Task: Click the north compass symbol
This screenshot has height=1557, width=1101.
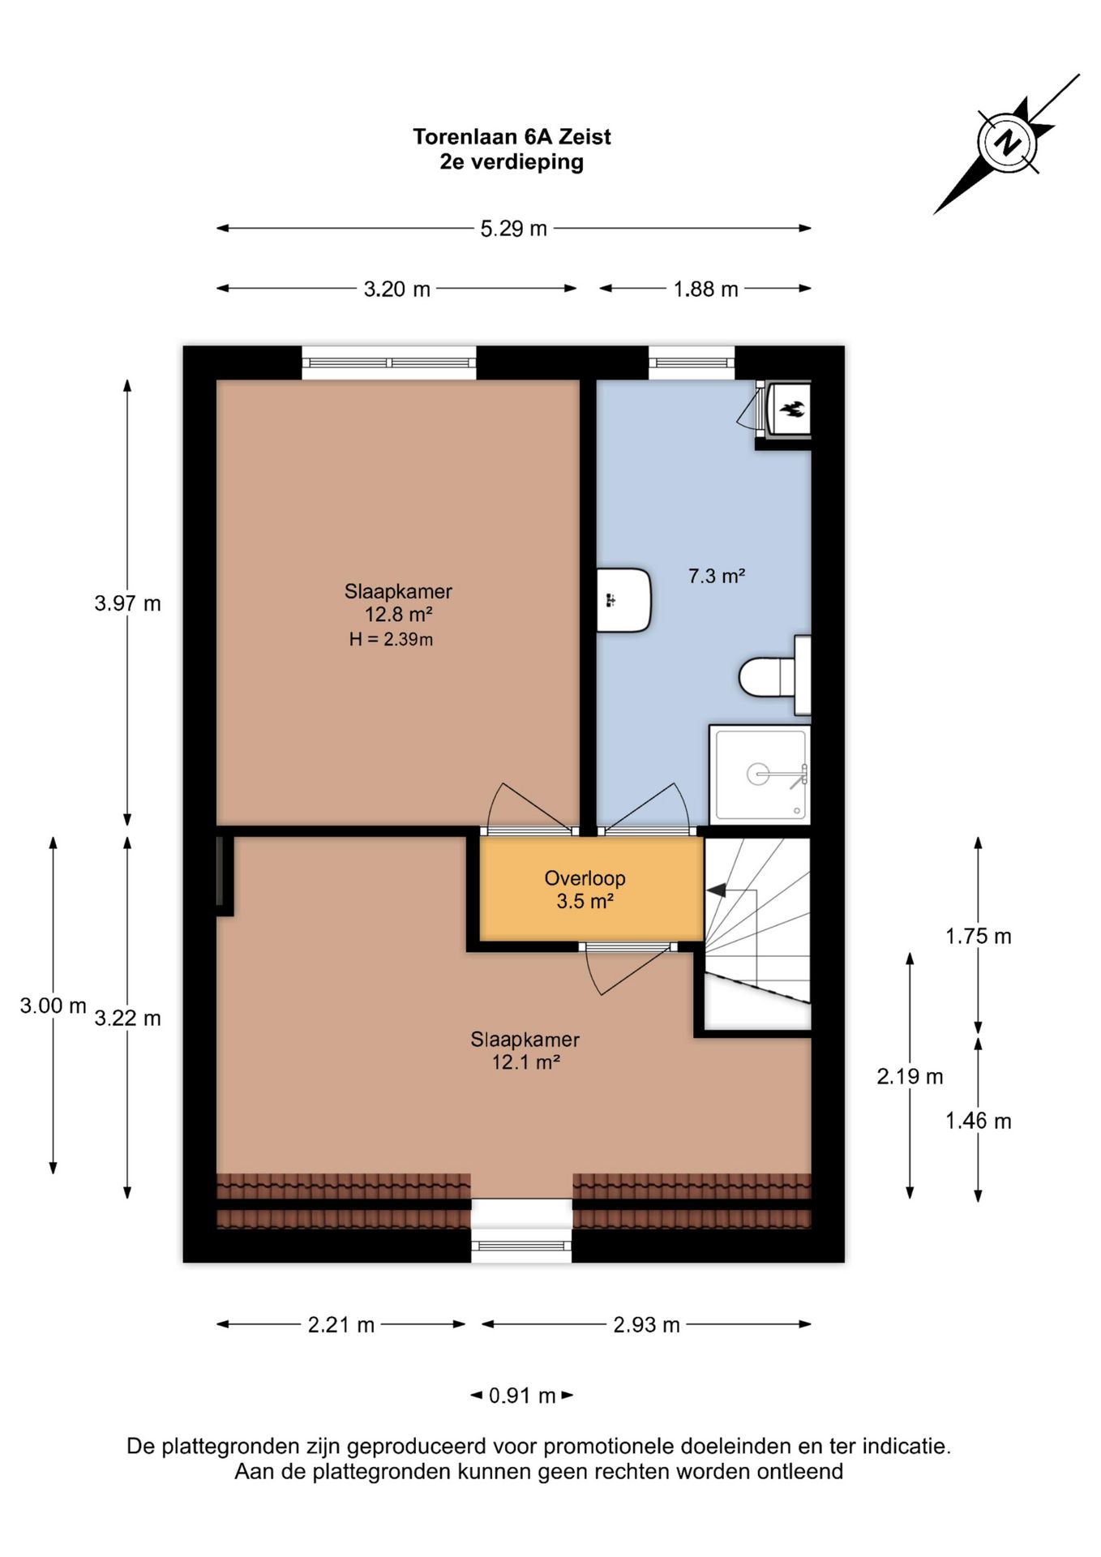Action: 1007,144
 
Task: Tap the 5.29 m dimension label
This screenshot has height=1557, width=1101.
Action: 513,229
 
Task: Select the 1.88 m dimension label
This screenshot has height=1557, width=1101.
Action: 705,289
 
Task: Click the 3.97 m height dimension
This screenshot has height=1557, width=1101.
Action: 127,603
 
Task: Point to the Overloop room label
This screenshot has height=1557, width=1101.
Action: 585,878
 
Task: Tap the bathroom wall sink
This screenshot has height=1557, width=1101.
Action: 623,600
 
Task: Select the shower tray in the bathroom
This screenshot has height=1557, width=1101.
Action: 760,775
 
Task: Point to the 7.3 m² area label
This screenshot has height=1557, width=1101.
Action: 717,576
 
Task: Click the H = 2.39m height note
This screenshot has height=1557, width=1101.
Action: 391,639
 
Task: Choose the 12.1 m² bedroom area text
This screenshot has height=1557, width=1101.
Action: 525,1062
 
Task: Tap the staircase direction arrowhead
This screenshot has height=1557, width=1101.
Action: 716,890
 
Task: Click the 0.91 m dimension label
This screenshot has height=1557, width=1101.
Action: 522,1396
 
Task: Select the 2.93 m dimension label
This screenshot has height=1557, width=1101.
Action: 646,1325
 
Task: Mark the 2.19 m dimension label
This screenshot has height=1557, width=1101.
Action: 910,1076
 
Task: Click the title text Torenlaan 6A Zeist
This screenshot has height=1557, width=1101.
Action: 512,137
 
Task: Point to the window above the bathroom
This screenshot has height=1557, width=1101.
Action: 692,362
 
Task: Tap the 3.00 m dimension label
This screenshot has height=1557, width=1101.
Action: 53,1006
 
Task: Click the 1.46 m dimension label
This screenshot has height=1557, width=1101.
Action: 978,1121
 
